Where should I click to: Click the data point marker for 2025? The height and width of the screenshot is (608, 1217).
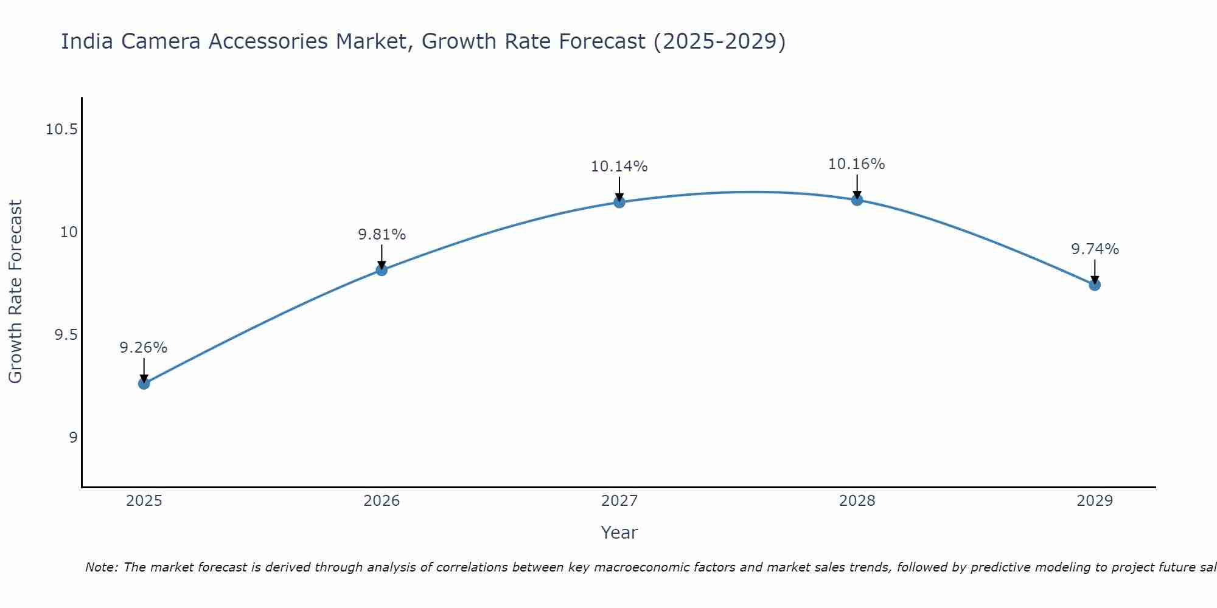[x=144, y=384]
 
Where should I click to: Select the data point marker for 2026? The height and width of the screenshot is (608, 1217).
[x=382, y=270]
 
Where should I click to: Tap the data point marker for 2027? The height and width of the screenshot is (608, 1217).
[x=619, y=202]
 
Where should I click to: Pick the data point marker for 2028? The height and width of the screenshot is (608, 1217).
[x=857, y=199]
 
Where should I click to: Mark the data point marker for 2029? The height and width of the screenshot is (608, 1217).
[x=1095, y=285]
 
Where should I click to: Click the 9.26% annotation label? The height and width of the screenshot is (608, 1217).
[x=144, y=348]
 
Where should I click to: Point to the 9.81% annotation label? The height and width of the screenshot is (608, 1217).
[x=382, y=235]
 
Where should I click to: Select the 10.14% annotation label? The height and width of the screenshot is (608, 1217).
[x=619, y=167]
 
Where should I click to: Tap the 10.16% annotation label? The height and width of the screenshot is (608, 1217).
[x=857, y=164]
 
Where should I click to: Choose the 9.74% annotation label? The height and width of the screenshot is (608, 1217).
[x=1095, y=249]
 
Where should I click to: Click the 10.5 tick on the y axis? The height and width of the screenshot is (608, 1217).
[x=61, y=130]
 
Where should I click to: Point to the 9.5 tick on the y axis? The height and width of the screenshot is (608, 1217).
[x=66, y=335]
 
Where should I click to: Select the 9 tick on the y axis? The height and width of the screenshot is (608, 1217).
[x=73, y=438]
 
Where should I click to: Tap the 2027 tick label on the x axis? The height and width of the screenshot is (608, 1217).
[x=619, y=501]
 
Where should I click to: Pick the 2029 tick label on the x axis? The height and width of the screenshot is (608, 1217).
[x=1095, y=501]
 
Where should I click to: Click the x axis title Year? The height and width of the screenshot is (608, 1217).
[x=619, y=533]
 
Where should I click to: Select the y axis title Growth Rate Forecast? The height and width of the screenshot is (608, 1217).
[x=15, y=292]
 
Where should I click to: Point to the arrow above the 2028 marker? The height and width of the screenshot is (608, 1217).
[x=857, y=185]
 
